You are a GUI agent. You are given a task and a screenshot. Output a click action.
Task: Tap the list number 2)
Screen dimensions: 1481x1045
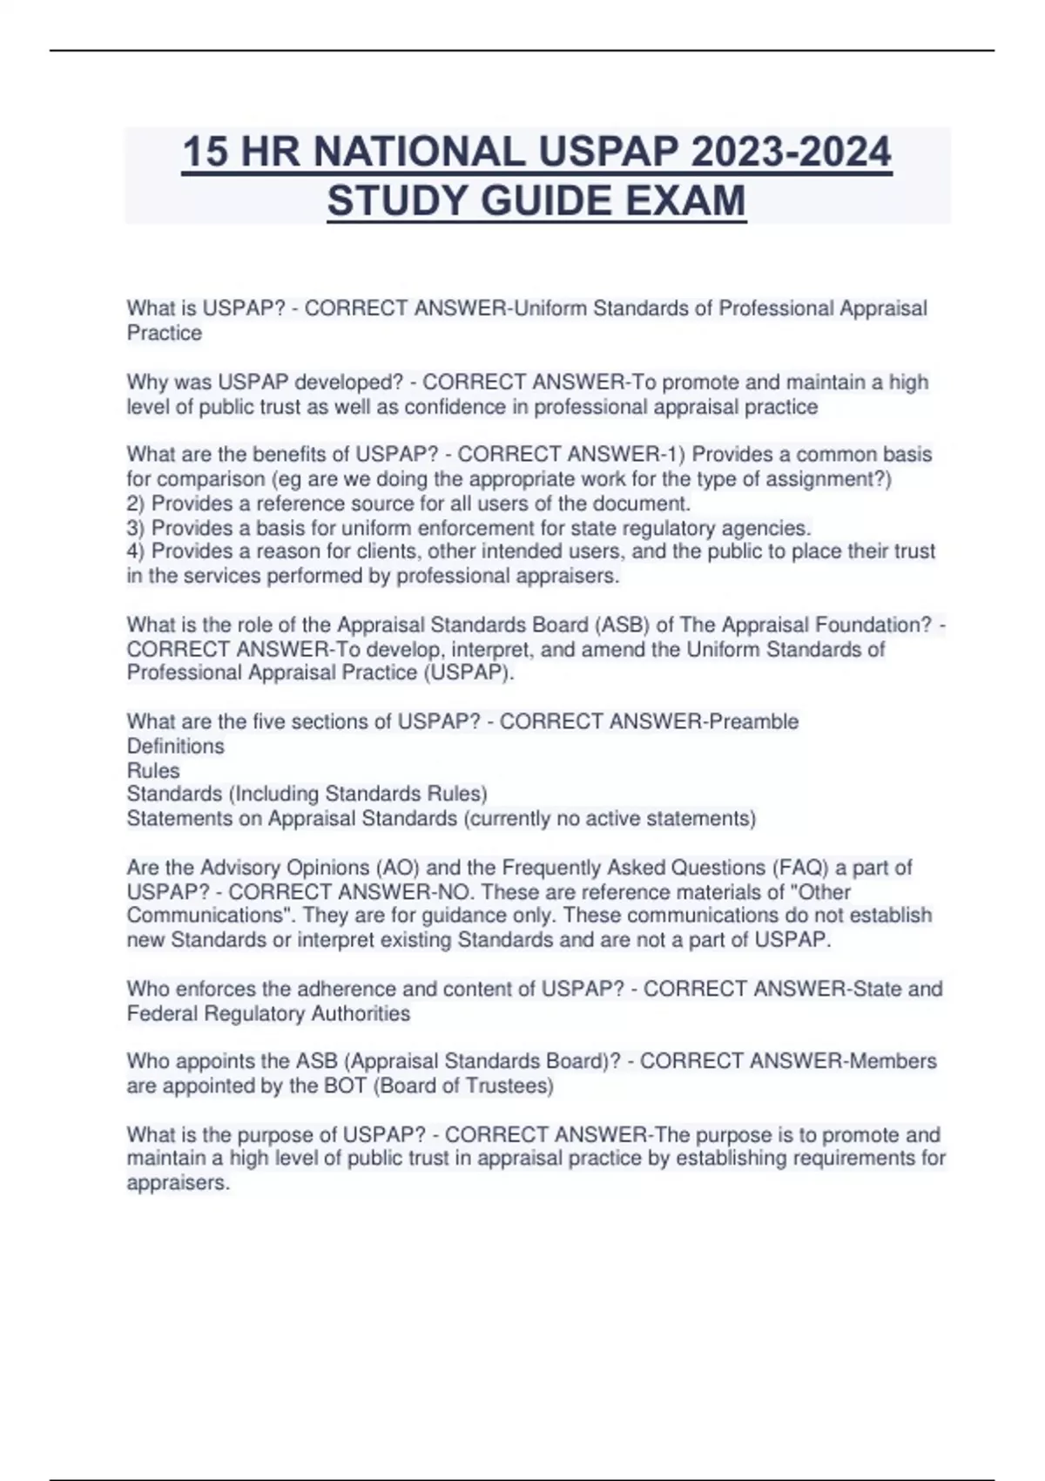(x=137, y=504)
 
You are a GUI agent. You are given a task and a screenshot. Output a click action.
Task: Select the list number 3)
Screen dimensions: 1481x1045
(x=137, y=528)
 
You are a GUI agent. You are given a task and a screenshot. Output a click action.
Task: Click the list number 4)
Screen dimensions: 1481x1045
(x=137, y=551)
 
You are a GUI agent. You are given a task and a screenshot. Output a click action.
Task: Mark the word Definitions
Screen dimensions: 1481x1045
(x=175, y=746)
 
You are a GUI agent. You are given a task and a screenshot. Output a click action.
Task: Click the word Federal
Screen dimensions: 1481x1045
(x=162, y=1013)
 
